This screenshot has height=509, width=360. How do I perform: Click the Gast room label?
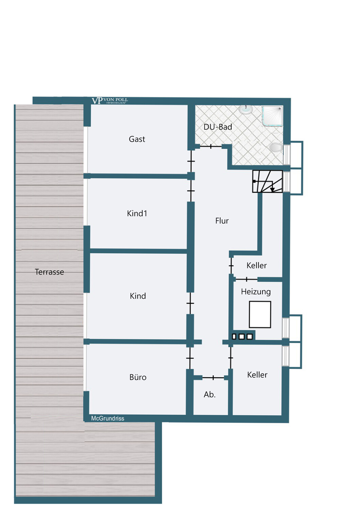[137, 139]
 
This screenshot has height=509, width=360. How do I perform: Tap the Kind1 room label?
[137, 213]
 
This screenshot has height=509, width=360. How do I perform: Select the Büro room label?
[138, 377]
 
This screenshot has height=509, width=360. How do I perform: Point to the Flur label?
[222, 221]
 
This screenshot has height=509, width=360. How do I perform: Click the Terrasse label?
[49, 272]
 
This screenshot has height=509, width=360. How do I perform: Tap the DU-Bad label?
[218, 127]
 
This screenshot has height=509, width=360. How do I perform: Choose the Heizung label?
[256, 292]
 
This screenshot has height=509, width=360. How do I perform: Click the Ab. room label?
[210, 395]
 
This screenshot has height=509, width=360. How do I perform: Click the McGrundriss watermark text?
[108, 418]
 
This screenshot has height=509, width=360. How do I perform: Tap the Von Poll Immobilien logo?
[110, 101]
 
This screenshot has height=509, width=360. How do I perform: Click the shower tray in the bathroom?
[272, 116]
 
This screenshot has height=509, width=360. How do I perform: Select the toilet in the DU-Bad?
[276, 148]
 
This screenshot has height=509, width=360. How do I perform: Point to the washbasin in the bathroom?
[246, 109]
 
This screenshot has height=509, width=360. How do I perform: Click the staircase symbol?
[267, 182]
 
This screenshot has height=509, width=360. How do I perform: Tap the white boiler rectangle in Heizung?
[260, 315]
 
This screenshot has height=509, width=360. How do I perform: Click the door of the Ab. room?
[213, 378]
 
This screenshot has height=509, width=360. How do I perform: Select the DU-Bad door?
[211, 147]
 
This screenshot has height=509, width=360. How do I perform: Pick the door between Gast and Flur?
[191, 161]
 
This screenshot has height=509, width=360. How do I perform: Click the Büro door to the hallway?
[190, 358]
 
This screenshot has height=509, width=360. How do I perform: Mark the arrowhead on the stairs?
[272, 190]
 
